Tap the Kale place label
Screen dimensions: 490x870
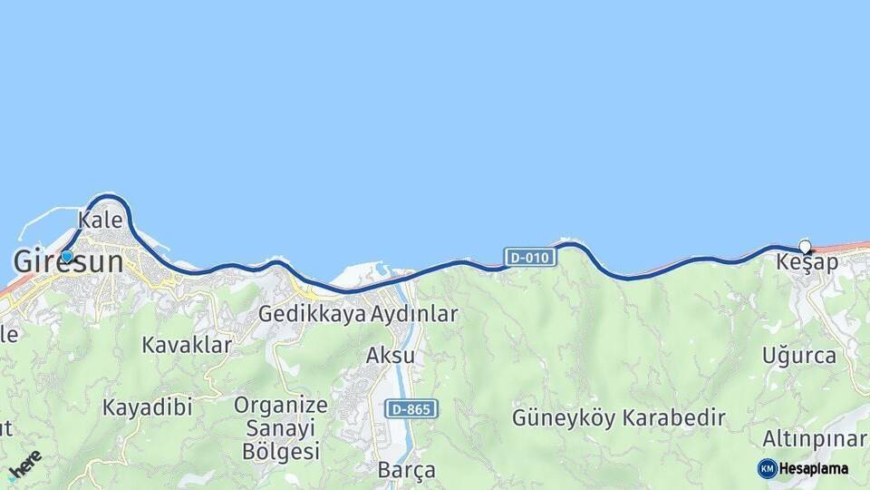click(x=100, y=220)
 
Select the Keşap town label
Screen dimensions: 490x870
click(x=807, y=262)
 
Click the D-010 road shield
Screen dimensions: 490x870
click(x=529, y=258)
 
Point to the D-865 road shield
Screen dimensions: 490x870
click(x=411, y=409)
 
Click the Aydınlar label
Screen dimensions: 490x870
click(x=414, y=314)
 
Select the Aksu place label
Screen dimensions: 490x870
click(x=390, y=355)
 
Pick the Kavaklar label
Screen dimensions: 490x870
click(x=187, y=345)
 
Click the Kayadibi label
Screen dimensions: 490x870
click(x=147, y=407)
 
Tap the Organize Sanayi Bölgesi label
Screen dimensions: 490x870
click(x=281, y=427)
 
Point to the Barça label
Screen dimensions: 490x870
click(x=407, y=471)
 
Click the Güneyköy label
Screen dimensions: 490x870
click(x=564, y=418)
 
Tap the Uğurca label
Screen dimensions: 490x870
click(x=799, y=355)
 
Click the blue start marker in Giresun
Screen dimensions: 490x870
click(x=67, y=257)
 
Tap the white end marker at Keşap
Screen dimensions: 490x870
click(x=805, y=246)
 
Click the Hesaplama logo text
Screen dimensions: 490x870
click(x=813, y=469)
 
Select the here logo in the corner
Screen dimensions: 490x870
click(x=25, y=465)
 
